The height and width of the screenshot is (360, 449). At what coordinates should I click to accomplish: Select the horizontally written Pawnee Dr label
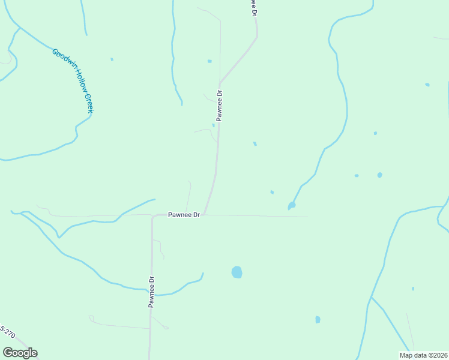(184, 214)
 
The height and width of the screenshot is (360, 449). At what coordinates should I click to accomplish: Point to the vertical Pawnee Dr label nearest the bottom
(152, 292)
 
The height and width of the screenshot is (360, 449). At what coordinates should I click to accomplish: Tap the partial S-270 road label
(7, 332)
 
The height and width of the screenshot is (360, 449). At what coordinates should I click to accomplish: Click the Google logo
(20, 353)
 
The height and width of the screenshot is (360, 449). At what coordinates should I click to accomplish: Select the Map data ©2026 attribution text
(423, 355)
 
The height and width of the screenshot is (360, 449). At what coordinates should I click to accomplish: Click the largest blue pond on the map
(237, 272)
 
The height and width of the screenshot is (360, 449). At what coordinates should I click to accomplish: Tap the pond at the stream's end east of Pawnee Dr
(292, 206)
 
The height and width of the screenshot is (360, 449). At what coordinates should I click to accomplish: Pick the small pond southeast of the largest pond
(318, 320)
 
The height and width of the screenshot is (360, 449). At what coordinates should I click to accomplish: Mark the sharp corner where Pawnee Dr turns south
(153, 217)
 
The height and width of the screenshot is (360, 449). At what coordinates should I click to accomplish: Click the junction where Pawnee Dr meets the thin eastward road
(205, 214)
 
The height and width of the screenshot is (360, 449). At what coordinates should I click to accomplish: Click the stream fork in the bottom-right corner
(372, 297)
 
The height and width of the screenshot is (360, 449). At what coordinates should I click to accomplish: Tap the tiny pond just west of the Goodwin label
(112, 59)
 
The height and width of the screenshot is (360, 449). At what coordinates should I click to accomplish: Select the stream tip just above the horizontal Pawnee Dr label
(154, 199)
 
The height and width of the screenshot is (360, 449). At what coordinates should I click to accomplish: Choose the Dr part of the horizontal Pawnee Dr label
(195, 214)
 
